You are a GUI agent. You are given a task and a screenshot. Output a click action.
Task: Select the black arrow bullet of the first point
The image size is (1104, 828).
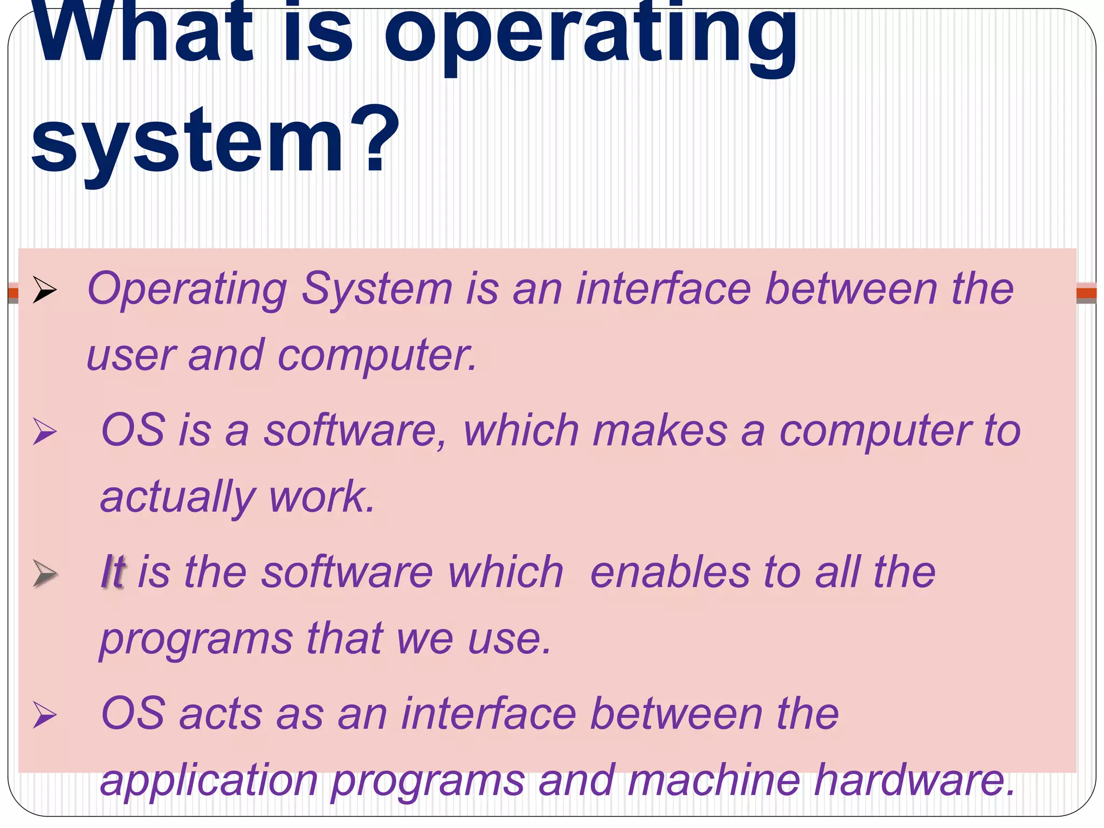point(44,290)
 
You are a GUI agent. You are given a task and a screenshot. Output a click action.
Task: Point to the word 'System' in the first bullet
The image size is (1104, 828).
point(376,289)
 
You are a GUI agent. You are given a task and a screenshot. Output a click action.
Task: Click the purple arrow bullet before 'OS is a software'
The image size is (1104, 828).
point(44,432)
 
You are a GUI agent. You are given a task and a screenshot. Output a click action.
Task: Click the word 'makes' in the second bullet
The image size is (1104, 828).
point(660,431)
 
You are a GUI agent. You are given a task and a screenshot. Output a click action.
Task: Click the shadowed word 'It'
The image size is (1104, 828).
point(113,572)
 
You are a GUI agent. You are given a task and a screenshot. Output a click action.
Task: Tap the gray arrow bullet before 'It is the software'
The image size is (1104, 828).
point(44,573)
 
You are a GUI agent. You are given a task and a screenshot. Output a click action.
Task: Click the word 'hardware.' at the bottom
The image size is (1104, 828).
point(914,780)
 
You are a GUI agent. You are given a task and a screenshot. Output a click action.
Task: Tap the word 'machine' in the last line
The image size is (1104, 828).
point(714,780)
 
